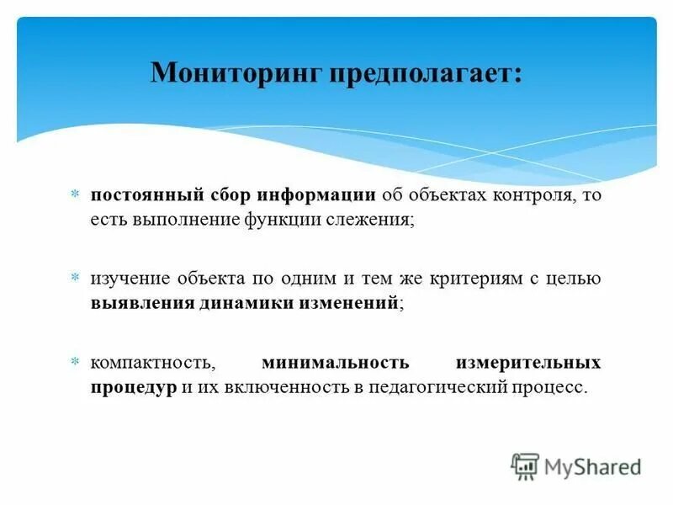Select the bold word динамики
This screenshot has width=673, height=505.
[245, 303]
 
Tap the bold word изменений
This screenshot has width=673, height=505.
[348, 303]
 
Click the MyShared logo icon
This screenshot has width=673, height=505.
[525, 465]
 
